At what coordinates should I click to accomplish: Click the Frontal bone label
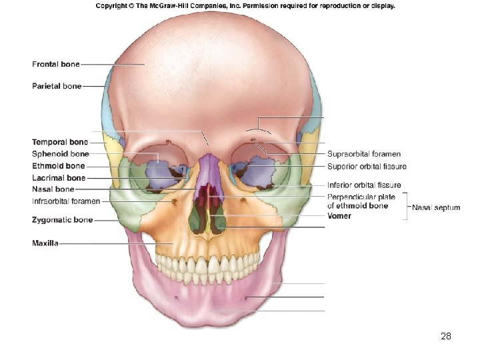[56, 64]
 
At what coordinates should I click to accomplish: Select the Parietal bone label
[57, 86]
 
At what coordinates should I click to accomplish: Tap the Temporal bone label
[59, 142]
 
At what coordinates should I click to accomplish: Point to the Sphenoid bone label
[60, 154]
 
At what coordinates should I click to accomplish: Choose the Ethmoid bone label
[58, 166]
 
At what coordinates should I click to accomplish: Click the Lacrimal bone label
[59, 178]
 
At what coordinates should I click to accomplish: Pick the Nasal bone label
[53, 189]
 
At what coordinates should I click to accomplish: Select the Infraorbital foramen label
[66, 201]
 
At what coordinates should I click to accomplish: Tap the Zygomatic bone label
[62, 219]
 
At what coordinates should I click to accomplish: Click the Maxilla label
[45, 243]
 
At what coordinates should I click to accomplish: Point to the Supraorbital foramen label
[363, 154]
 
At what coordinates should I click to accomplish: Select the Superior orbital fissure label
[367, 166]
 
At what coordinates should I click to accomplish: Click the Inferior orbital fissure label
[364, 185]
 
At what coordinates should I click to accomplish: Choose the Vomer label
[339, 216]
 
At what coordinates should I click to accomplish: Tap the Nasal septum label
[436, 207]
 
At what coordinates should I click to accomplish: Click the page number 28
[446, 337]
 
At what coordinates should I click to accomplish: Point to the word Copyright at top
[113, 6]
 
